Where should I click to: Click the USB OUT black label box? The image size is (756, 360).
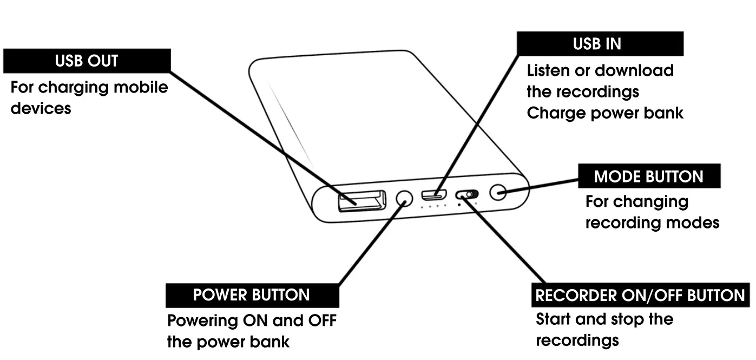87,61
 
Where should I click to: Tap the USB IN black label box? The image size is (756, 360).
600,44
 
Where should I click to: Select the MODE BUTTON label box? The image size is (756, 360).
648,176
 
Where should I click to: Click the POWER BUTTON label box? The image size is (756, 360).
252,295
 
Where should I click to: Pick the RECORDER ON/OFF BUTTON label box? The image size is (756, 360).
640,296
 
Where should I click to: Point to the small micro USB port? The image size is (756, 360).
434,193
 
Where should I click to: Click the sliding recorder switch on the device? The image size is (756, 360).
467,194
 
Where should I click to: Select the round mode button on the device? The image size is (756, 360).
498,192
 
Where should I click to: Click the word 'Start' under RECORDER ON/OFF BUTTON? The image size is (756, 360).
554,319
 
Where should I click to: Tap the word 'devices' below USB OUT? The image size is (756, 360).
41,108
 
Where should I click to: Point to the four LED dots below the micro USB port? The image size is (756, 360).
434,206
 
